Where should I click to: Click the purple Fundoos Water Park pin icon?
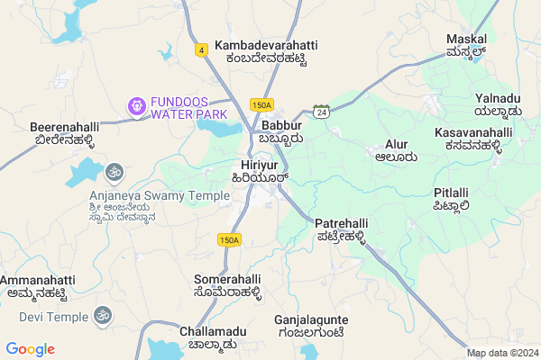point(137,106)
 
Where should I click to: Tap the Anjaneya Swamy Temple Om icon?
point(115,171)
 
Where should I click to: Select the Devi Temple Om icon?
point(102,316)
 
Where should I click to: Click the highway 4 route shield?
point(200,49)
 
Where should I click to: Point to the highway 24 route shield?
point(322,111)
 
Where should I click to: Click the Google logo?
point(30,349)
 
